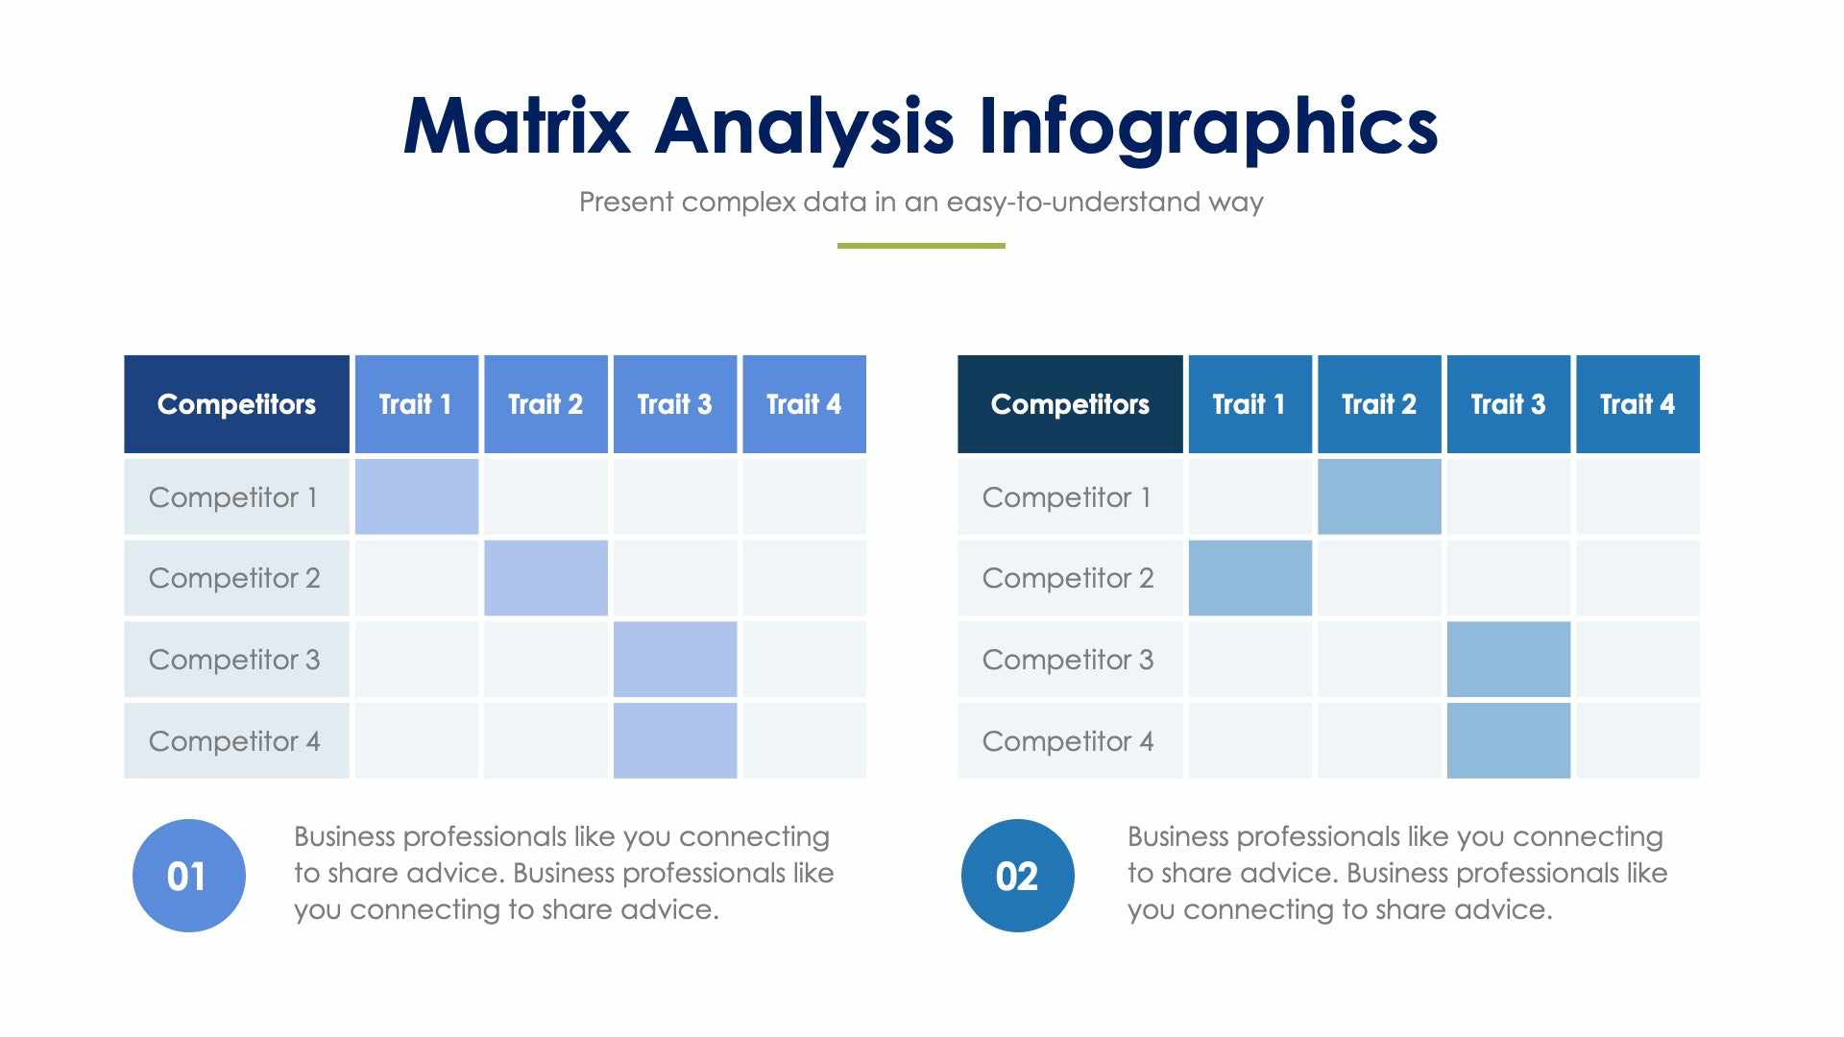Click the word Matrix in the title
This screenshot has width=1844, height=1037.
tap(517, 127)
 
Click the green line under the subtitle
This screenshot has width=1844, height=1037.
tap(921, 246)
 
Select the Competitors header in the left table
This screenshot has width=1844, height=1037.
tap(236, 404)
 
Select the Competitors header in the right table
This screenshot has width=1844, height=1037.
tap(1070, 404)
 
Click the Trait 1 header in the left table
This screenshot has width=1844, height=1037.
tap(416, 404)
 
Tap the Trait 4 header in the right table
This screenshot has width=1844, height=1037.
tap(1638, 404)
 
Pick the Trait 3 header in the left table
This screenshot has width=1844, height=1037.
tap(674, 404)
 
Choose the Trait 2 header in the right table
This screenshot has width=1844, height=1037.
tap(1379, 404)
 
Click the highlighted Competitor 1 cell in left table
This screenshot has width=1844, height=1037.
tap(416, 496)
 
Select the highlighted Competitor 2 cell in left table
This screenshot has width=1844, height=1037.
tap(546, 578)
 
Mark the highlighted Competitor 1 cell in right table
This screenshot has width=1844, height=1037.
tap(1379, 496)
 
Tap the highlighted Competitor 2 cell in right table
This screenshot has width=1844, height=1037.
tap(1250, 578)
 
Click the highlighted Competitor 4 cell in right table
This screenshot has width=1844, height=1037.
tap(1508, 740)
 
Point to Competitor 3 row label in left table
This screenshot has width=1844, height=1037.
tap(234, 660)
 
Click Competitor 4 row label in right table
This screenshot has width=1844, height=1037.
tap(1068, 741)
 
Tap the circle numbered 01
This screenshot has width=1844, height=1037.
tap(188, 876)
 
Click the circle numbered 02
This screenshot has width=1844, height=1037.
tap(1017, 876)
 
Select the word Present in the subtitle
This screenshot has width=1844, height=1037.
tap(626, 203)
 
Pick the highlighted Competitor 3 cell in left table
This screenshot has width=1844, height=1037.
tap(674, 660)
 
